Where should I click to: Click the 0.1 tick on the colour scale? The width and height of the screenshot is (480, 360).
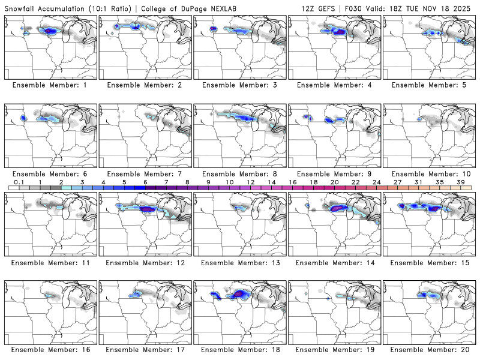coord(19,182)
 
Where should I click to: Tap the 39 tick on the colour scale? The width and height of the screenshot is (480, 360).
coord(460,182)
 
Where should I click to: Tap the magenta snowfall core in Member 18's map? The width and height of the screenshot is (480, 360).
coord(241,293)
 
